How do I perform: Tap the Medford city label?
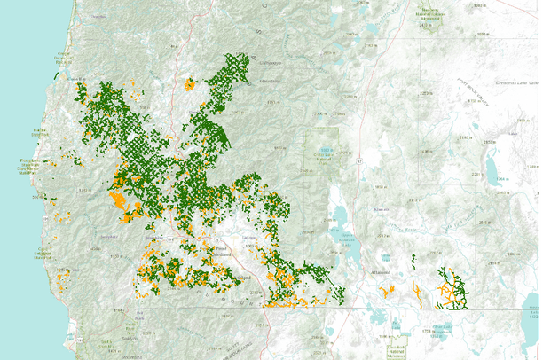point(220,255)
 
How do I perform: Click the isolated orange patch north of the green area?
point(188,86)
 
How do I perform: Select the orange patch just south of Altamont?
point(385,291)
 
